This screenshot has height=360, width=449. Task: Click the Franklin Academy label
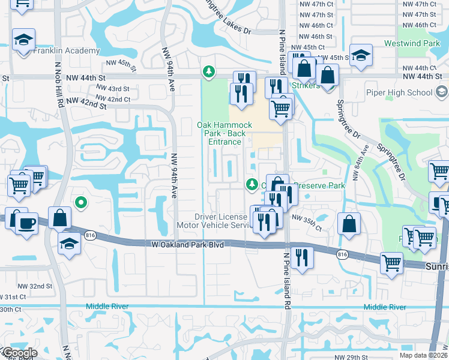click(67, 51)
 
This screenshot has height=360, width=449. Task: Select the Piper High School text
click(399, 92)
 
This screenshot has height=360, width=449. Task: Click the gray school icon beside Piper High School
click(442, 92)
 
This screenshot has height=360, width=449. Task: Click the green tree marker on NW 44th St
click(208, 72)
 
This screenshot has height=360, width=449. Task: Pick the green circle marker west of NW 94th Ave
click(81, 203)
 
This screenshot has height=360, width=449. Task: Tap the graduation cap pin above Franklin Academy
click(24, 40)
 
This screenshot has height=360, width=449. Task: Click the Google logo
click(19, 353)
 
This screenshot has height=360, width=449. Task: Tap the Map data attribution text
click(424, 355)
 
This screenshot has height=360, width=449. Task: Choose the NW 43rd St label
click(113, 89)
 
